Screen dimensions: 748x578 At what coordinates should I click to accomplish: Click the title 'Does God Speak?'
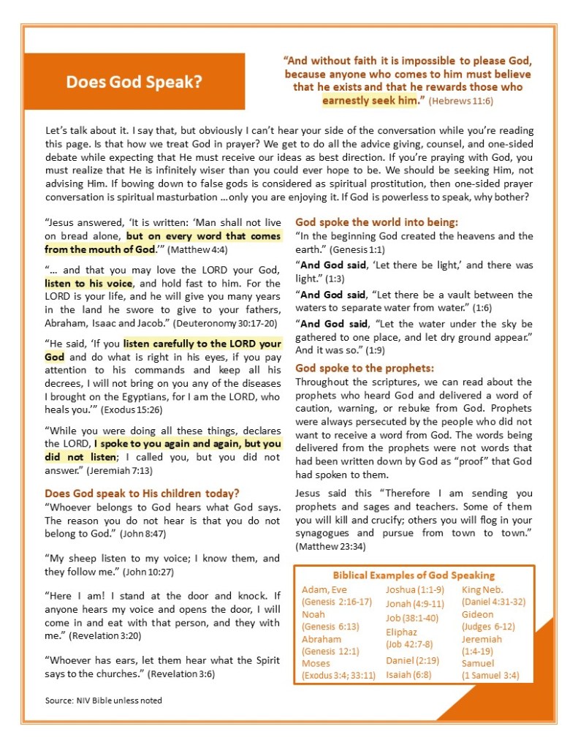[134, 82]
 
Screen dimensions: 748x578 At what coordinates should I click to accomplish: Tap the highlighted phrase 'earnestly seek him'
[369, 99]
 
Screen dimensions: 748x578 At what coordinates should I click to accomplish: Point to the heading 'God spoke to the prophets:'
[365, 368]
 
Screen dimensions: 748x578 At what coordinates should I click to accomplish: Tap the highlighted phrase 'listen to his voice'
[88, 283]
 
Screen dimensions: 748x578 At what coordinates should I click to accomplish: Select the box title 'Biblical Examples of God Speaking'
[414, 575]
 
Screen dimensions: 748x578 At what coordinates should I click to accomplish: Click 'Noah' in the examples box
[313, 614]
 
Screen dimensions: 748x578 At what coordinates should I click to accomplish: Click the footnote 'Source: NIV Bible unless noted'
[103, 700]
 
